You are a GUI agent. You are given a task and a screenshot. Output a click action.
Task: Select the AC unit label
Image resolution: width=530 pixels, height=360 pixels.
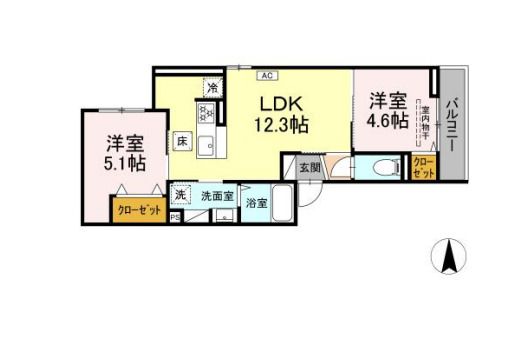[269, 75]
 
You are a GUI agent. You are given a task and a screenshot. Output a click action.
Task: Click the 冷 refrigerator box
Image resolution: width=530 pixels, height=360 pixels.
[212, 88]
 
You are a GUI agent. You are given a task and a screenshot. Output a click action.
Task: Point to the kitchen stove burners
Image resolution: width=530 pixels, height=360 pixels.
[211, 116]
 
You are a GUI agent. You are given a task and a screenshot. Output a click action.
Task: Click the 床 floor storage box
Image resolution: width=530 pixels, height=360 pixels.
[183, 142]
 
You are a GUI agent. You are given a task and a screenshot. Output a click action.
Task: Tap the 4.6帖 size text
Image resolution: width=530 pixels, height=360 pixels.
[387, 121]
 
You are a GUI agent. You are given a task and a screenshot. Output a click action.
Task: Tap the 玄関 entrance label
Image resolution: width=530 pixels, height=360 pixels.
[309, 167]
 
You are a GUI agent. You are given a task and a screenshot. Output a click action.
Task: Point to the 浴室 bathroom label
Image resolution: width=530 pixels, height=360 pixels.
[257, 203]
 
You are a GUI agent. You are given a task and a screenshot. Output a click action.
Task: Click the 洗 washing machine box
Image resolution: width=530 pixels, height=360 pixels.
[181, 194]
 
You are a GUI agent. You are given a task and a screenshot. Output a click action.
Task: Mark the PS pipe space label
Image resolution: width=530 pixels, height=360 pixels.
[176, 216]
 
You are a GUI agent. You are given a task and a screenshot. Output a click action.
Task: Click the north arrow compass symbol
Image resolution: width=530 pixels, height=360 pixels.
[449, 258]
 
